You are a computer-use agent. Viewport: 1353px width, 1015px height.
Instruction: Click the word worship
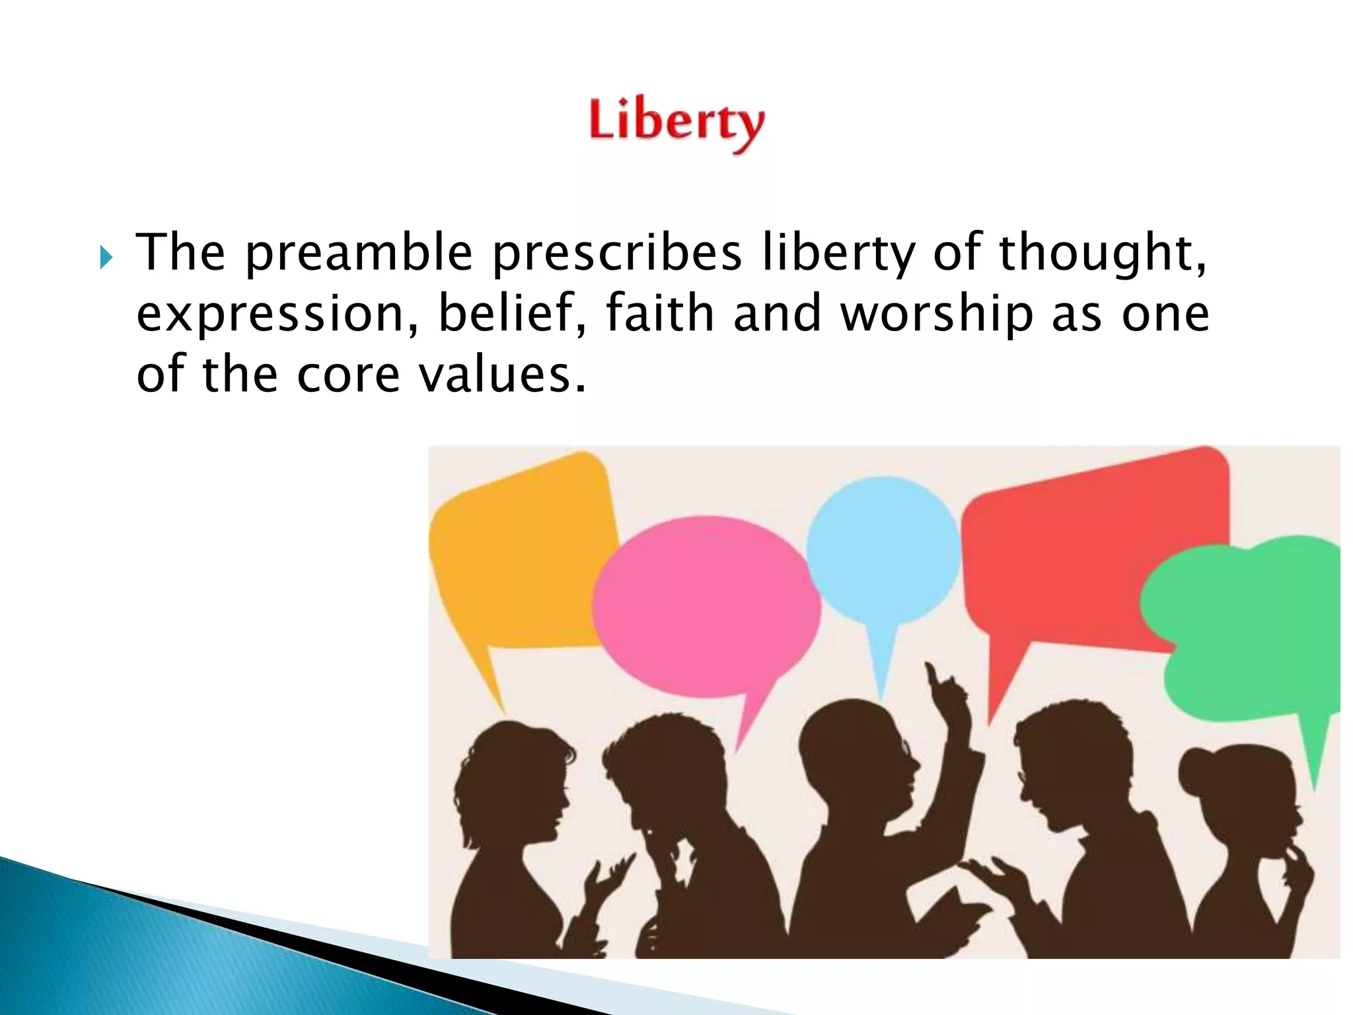point(936,315)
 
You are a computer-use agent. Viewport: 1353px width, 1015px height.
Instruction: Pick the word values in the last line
point(503,375)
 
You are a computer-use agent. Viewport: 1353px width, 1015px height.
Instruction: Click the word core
point(348,375)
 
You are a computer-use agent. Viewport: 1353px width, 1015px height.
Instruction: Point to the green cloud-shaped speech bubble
point(1249,634)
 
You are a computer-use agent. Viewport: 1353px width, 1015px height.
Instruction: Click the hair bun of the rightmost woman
point(1196,770)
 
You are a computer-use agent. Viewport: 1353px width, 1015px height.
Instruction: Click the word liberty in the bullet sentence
point(838,253)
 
